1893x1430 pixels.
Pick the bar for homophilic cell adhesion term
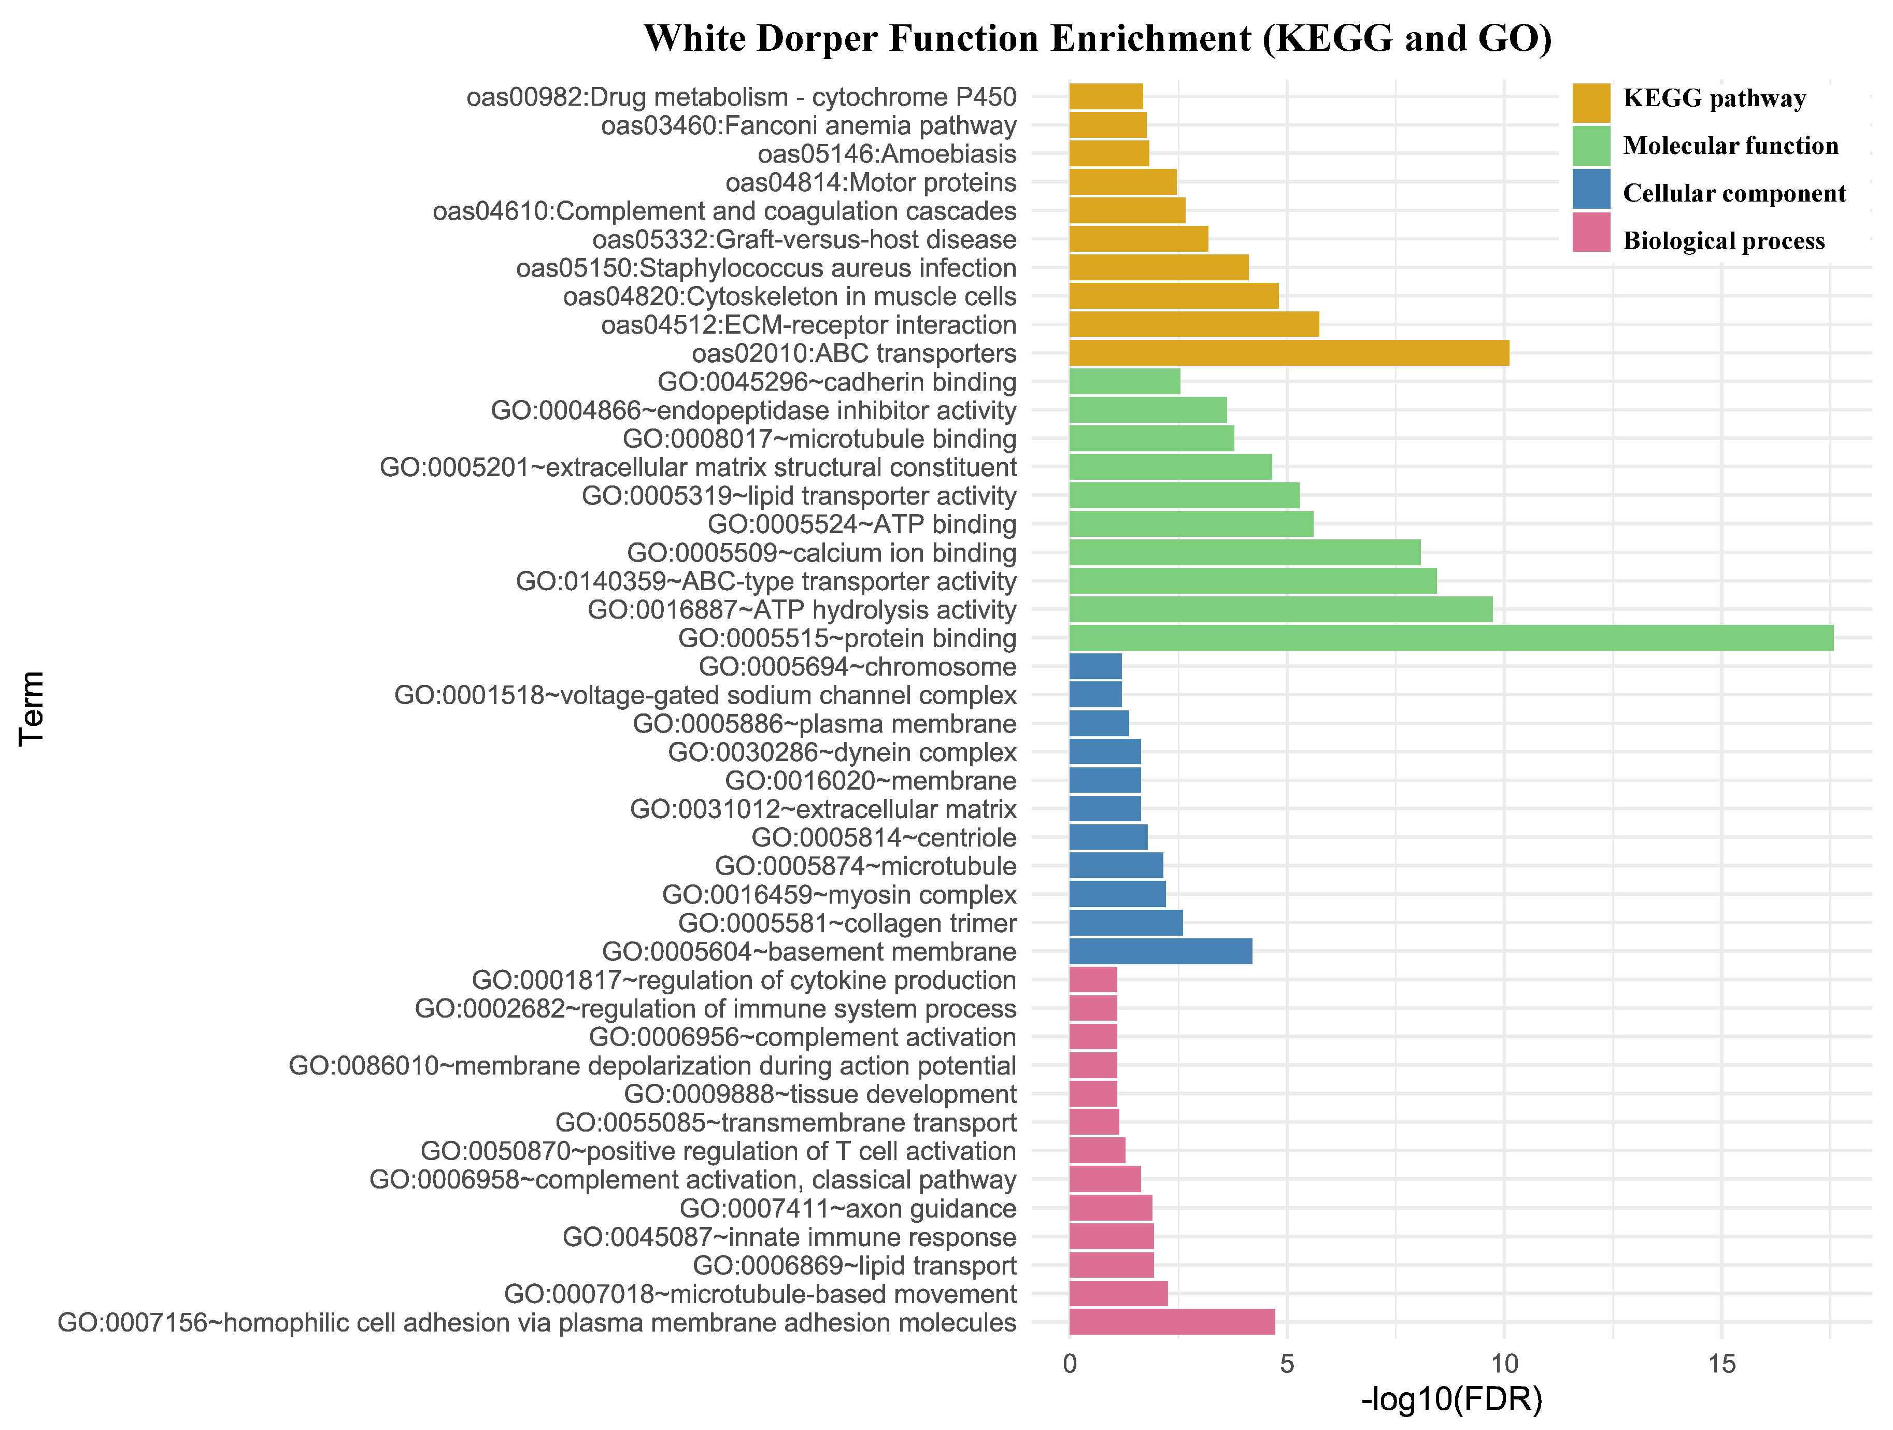(x=1172, y=1322)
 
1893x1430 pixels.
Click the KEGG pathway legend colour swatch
(x=1591, y=102)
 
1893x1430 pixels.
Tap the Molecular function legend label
(x=1730, y=146)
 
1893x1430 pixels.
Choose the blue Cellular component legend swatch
(x=1591, y=189)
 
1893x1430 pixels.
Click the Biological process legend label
(x=1724, y=241)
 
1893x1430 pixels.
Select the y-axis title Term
(x=32, y=709)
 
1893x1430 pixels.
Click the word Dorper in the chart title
(x=817, y=39)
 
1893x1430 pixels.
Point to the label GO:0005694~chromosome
(x=858, y=667)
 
